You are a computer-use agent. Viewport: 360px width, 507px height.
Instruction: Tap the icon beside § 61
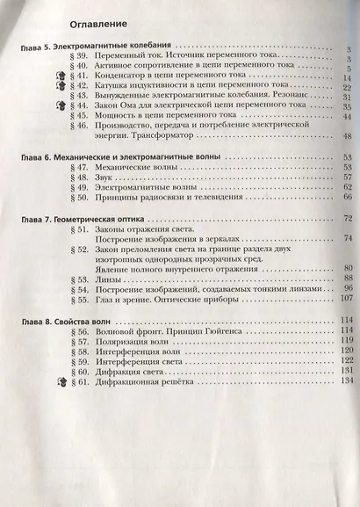pyautogui.click(x=62, y=383)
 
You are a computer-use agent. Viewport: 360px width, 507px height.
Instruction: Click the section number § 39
pyautogui.click(x=79, y=56)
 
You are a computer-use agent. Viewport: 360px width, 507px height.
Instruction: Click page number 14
pyautogui.click(x=346, y=77)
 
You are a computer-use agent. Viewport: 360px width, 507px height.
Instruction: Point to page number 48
pyautogui.click(x=347, y=136)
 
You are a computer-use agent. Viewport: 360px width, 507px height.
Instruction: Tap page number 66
pyautogui.click(x=347, y=199)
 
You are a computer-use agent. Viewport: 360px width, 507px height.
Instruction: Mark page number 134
pyautogui.click(x=345, y=382)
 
